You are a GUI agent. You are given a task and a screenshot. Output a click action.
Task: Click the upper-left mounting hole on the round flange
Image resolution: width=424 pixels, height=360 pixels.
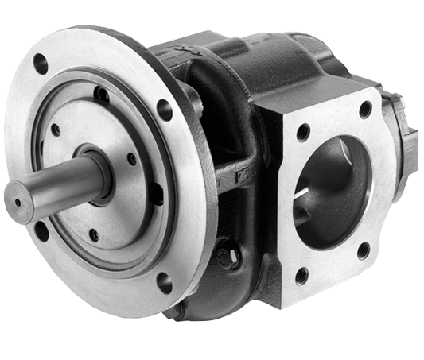coord(40,64)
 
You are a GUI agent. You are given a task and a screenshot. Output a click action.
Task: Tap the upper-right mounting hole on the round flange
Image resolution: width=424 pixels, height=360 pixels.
coord(165,110)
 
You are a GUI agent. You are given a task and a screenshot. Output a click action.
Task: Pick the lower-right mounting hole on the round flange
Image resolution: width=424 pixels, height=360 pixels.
coord(165,282)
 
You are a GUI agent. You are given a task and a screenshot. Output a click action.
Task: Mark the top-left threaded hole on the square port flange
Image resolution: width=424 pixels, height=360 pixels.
coord(303,132)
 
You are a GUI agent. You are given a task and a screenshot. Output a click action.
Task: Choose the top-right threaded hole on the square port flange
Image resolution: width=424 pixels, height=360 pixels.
coord(365,110)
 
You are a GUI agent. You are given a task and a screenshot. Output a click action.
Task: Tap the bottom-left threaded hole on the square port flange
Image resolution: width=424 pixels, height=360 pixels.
coord(301,276)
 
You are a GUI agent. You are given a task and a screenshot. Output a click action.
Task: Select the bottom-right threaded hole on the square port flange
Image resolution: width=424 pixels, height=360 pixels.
coord(363,250)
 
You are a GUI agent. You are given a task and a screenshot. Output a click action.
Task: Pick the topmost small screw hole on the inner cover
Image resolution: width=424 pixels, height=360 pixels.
coord(102,95)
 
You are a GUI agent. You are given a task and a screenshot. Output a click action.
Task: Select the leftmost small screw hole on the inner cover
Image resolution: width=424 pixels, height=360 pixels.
coord(55,130)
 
